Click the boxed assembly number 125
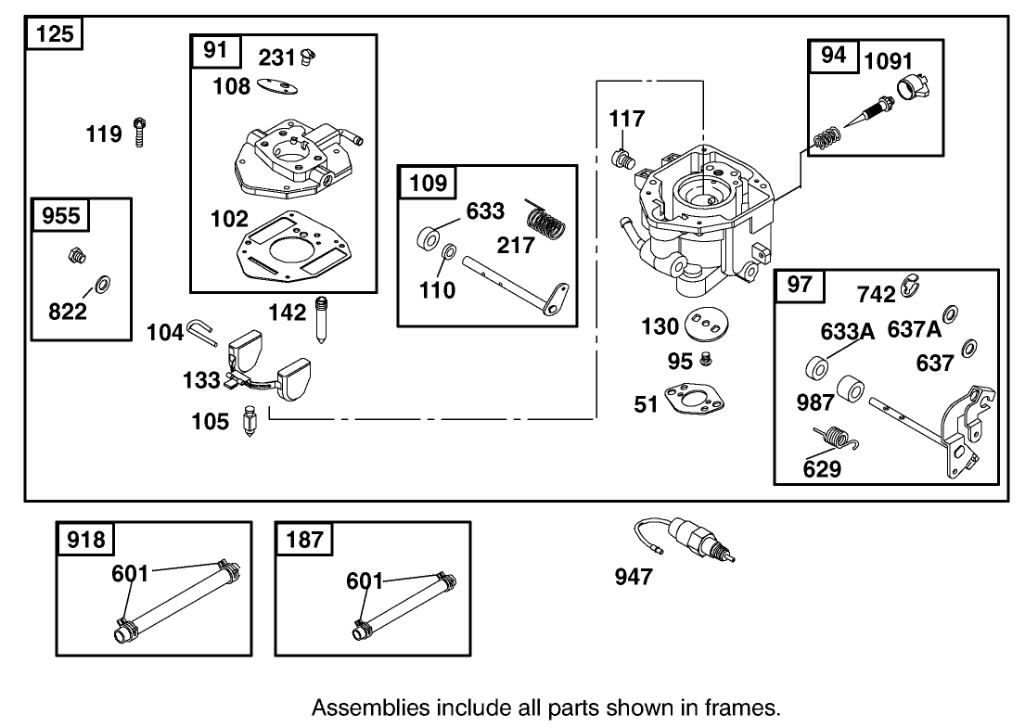coord(55,36)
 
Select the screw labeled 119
coord(140,133)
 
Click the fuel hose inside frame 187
coord(404,605)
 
